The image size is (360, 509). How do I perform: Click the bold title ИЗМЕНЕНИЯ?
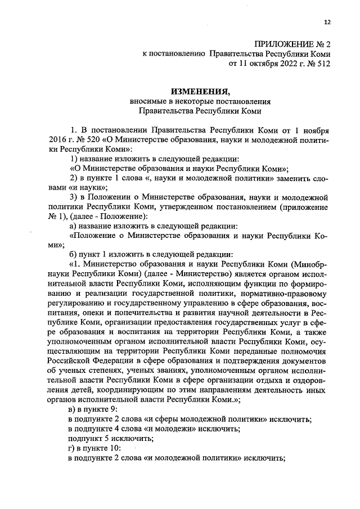pos(201,92)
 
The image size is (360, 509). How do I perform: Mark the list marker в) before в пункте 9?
pos(71,409)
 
